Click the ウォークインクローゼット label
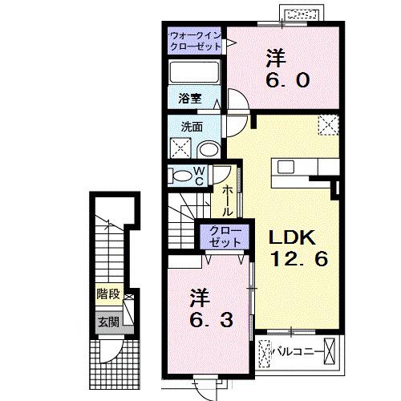(196, 40)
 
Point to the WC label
(200, 175)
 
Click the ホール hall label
(228, 200)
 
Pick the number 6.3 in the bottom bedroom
(210, 321)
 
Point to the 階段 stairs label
(105, 294)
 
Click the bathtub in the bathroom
(195, 75)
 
